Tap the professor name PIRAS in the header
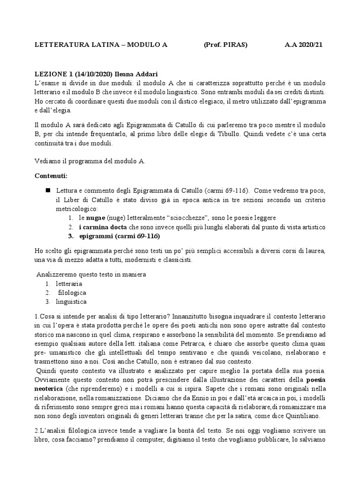235,45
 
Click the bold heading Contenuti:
51,176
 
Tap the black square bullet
48,191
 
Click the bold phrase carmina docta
104,227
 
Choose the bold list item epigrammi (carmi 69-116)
119,236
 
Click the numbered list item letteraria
69,284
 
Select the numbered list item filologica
72,293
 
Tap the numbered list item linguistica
71,302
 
